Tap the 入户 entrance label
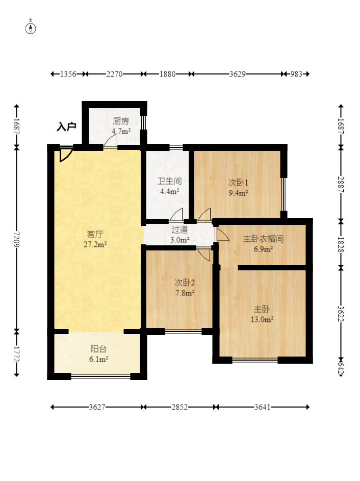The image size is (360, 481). tap(66, 126)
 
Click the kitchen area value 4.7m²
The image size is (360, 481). tap(121, 131)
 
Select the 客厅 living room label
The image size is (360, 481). tap(95, 234)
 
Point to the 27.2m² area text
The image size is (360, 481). tap(95, 244)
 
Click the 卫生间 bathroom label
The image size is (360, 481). tap(170, 181)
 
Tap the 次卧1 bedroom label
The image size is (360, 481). tap(238, 183)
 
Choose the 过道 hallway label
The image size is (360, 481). tap(179, 230)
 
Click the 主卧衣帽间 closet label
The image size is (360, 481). tap(264, 239)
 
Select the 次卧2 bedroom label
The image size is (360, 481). tap(185, 283)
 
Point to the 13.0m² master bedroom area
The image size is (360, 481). tap(262, 319)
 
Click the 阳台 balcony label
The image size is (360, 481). tap(98, 349)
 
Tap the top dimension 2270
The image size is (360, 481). tap(114, 74)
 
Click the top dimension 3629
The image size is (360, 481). tap(238, 74)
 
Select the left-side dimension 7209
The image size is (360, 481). tap(16, 240)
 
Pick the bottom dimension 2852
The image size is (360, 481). tap(179, 407)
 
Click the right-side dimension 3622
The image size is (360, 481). tap(341, 314)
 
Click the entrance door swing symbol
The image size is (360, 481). tap(66, 155)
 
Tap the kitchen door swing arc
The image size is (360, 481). tap(110, 141)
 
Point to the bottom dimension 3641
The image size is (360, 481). tap(263, 407)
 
